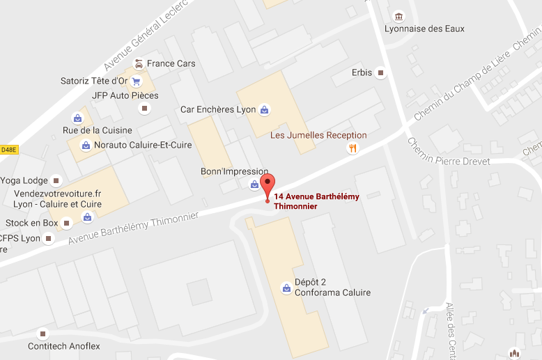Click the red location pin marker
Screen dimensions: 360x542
click(268, 186)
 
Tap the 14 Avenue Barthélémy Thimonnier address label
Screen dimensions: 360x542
click(317, 201)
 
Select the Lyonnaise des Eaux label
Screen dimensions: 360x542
click(424, 29)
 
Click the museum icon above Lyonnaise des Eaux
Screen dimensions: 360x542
click(398, 16)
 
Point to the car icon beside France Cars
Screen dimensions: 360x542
click(139, 64)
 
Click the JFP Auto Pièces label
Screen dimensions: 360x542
click(125, 95)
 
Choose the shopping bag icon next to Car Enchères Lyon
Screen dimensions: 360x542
click(264, 109)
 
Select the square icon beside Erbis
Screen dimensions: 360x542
click(380, 72)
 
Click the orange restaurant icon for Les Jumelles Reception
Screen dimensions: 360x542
click(353, 148)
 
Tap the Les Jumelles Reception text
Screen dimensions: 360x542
click(318, 135)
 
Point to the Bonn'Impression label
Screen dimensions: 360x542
click(234, 171)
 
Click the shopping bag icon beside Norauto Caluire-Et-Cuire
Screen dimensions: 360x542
click(86, 145)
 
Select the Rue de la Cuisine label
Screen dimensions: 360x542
click(98, 130)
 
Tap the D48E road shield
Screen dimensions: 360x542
click(8, 149)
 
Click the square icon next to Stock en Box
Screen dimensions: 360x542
click(66, 223)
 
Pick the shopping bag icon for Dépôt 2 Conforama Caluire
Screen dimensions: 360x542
click(286, 287)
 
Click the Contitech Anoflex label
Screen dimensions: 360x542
click(64, 346)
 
